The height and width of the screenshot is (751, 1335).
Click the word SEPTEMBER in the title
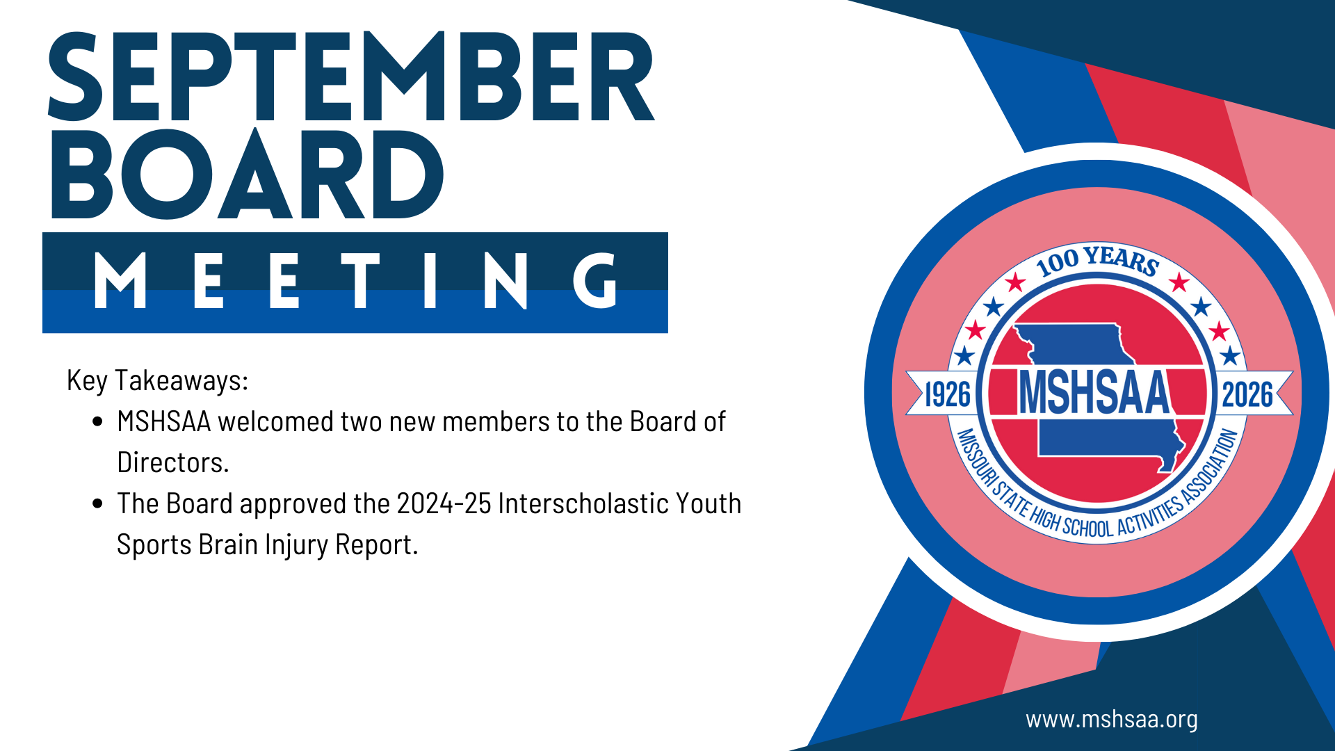pos(351,76)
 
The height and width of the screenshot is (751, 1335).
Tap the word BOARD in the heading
pos(247,174)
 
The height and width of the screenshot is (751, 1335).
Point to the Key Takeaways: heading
pos(158,380)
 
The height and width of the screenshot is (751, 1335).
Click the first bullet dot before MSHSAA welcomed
pos(98,421)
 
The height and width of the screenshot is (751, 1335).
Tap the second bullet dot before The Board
pos(98,503)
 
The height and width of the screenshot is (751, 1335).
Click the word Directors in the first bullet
pos(170,462)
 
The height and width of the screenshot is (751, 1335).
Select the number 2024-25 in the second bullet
pos(444,503)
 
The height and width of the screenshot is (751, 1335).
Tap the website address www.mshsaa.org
pos(1112,719)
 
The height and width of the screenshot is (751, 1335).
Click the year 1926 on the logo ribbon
pos(948,394)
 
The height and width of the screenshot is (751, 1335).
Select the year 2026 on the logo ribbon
pos(1247,394)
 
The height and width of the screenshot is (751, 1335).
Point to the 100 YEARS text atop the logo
pos(1097,260)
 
